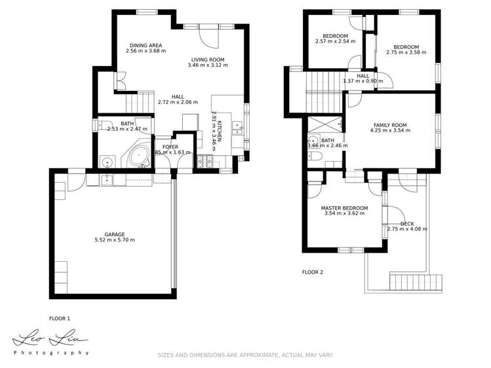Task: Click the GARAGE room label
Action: (114, 234)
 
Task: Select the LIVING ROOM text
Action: (208, 58)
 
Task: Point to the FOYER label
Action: (170, 147)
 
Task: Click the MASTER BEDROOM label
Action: (344, 208)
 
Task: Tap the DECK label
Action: (407, 223)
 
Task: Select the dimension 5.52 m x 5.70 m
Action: (114, 240)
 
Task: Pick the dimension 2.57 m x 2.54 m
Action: (334, 41)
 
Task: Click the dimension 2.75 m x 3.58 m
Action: (406, 52)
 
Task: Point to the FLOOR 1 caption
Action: (60, 318)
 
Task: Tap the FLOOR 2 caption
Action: (312, 272)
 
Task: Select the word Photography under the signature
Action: (51, 353)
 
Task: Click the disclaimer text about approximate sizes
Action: (245, 355)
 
